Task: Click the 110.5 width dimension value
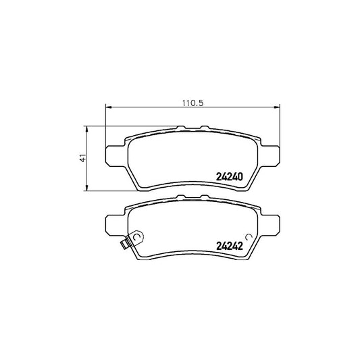click(x=193, y=103)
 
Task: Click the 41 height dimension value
click(x=83, y=158)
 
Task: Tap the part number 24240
click(x=230, y=176)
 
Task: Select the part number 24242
click(x=230, y=246)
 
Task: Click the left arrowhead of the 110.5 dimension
click(x=108, y=107)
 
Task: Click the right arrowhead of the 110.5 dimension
click(x=277, y=107)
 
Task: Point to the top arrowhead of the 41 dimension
click(x=86, y=129)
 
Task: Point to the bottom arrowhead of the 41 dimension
click(x=86, y=188)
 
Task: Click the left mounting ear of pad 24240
click(x=115, y=156)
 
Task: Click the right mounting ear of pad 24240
click(x=270, y=156)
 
